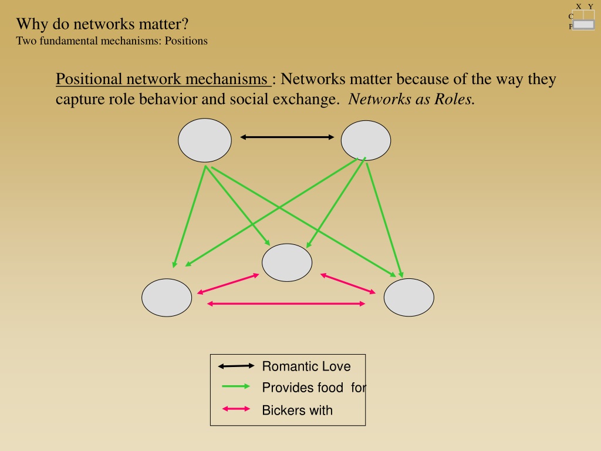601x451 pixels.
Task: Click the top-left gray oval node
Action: [x=205, y=140]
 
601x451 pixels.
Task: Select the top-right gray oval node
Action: [x=366, y=140]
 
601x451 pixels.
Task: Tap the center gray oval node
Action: [x=287, y=262]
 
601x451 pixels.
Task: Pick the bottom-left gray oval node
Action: [x=167, y=298]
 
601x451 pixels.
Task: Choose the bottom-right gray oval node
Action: [x=409, y=298]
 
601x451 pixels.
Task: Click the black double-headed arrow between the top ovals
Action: [x=287, y=137]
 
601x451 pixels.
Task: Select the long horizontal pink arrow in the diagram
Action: [x=286, y=304]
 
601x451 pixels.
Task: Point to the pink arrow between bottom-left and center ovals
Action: [x=228, y=284]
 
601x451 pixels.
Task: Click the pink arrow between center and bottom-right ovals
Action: [x=348, y=284]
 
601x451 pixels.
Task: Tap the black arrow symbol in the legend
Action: [x=236, y=366]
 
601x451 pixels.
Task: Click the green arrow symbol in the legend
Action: [x=236, y=386]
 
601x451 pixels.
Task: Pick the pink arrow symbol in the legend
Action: [x=236, y=409]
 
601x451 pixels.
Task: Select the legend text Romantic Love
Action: [x=306, y=366]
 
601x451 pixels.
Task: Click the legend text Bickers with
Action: [x=298, y=410]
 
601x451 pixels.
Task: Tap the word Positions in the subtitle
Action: [x=186, y=41]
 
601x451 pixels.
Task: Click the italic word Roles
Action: [x=455, y=99]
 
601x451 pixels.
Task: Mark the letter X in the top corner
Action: [x=579, y=6]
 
